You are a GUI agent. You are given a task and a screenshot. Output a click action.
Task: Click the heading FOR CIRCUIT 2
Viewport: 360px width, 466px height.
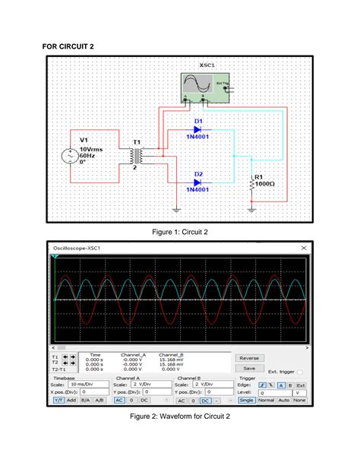point(68,47)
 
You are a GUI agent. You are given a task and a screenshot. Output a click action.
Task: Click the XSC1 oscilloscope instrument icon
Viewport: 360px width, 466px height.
point(205,87)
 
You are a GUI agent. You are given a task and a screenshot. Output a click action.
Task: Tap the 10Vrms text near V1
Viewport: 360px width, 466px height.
point(92,150)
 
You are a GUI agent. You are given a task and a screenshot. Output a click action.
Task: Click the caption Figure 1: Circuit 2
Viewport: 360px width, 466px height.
point(180,232)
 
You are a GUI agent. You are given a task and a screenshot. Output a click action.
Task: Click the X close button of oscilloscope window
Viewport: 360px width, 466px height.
point(305,248)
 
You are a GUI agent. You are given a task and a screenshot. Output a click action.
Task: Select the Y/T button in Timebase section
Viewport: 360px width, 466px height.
point(58,399)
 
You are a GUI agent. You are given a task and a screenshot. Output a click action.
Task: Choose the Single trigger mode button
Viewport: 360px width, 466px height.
point(246,399)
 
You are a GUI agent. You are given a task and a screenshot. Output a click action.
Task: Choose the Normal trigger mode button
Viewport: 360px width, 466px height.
point(265,399)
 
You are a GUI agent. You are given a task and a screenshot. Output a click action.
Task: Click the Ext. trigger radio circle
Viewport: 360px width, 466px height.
point(302,372)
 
